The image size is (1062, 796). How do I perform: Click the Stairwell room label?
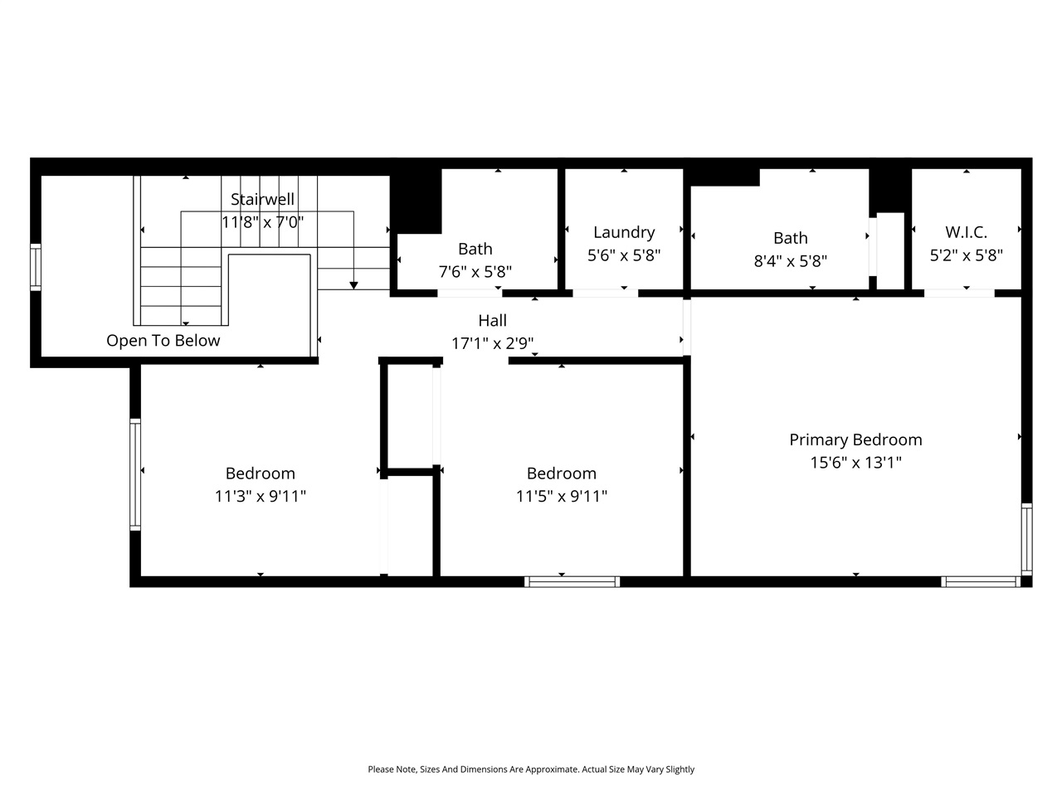coord(262,200)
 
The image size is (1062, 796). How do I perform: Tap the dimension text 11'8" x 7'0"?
coord(262,222)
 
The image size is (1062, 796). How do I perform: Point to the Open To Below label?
coord(163,341)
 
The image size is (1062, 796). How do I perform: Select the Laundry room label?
coord(624,233)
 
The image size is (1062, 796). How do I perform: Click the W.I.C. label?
coord(966,233)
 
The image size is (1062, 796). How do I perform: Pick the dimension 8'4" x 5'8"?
coord(790,261)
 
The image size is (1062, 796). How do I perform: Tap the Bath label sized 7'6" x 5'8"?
coord(475,249)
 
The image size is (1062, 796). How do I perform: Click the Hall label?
coord(492,321)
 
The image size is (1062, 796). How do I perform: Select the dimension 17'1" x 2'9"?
coord(492,343)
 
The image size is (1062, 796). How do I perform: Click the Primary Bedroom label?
coord(855,440)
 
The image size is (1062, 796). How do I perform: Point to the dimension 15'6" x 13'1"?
coord(855,463)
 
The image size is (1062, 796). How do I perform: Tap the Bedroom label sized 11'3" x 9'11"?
coord(261,473)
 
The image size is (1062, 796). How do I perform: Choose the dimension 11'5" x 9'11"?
coord(562,497)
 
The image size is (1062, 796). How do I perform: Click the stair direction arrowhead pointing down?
coord(353,285)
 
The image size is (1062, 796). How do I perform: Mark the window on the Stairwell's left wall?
coord(36,266)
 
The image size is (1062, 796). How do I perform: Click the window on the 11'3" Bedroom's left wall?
coord(134,474)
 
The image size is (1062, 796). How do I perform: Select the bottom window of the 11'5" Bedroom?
coord(572,581)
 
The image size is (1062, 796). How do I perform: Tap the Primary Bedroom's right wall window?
coord(1026,538)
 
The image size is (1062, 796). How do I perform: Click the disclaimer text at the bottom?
coord(531,769)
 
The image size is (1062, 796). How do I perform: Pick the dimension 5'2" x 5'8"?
coord(966,255)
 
